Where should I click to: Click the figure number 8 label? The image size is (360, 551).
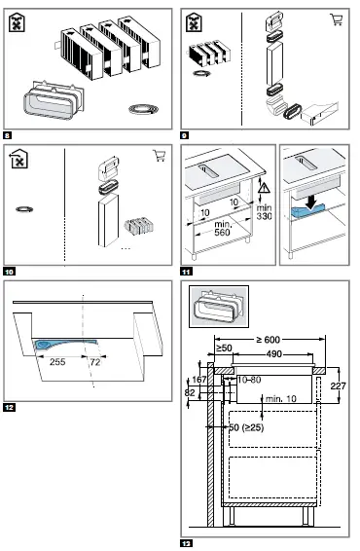[8, 133]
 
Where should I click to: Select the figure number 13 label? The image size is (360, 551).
[187, 541]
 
